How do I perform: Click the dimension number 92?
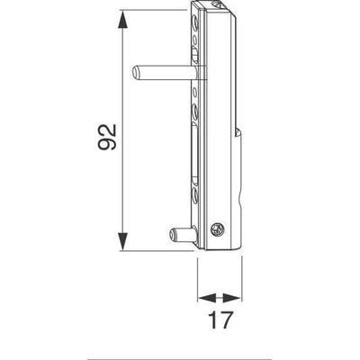107,137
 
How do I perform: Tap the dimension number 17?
220,320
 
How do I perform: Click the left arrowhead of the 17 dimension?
207,298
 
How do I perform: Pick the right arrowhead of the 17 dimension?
232,298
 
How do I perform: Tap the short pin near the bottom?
183,235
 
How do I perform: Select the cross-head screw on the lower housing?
217,229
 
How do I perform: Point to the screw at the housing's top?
216,4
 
